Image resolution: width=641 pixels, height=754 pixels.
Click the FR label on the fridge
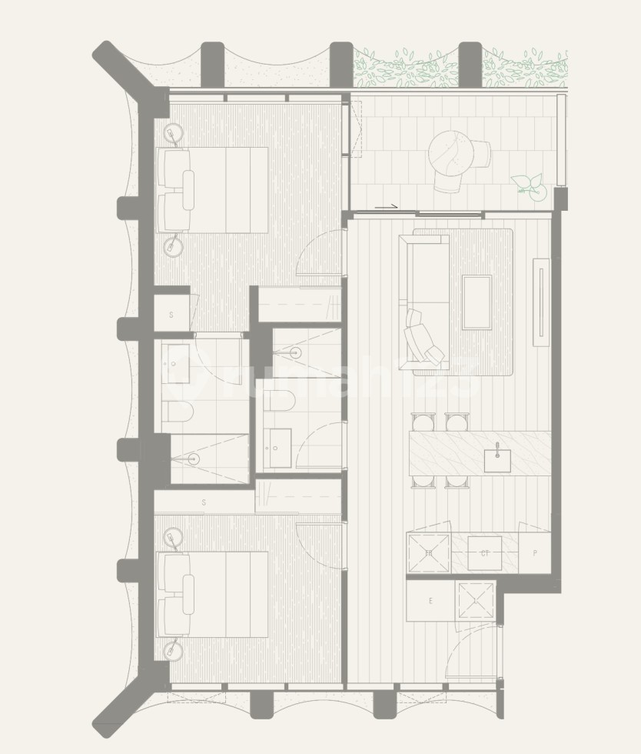click(429, 553)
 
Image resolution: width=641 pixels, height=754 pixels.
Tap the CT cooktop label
click(485, 553)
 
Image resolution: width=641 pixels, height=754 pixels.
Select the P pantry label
click(534, 553)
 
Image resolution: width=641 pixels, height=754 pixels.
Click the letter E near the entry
click(430, 601)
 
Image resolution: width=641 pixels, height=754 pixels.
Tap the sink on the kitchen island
click(497, 459)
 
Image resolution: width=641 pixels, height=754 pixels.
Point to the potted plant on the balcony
click(530, 185)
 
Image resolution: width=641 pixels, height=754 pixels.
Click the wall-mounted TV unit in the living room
click(542, 302)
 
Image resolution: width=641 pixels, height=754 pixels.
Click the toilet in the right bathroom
click(277, 401)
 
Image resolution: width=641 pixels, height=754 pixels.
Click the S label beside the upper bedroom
click(171, 315)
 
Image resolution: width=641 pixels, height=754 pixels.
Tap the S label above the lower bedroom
click(204, 502)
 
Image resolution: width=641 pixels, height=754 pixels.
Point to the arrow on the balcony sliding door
click(386, 206)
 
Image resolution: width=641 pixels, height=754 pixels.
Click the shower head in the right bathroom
click(294, 352)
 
